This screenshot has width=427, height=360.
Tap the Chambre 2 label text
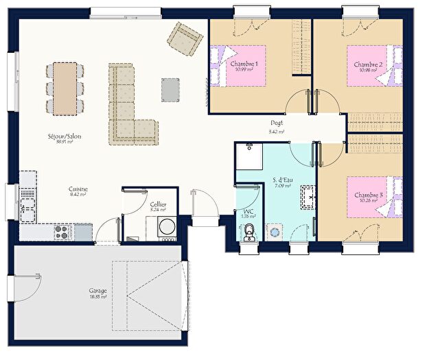pos(368,64)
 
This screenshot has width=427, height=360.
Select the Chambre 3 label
pos(368,195)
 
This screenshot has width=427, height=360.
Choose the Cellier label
pos(157,204)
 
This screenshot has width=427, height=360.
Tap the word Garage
pos(97,290)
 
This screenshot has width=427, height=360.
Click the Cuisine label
pos(77,189)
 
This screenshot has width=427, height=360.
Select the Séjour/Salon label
pos(65,136)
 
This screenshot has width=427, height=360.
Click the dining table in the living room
pos(65,88)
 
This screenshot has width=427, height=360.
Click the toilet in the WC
pos(249,232)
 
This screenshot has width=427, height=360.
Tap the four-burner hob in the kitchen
pos(60,233)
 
